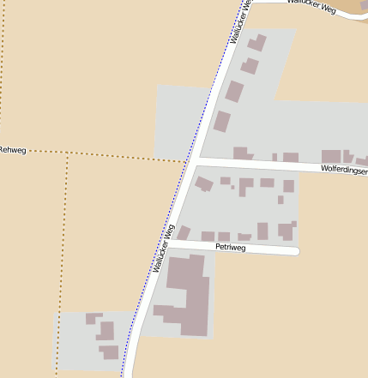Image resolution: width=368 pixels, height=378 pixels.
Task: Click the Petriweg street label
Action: coord(230,248)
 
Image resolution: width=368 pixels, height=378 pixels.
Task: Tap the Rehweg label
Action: coord(13,150)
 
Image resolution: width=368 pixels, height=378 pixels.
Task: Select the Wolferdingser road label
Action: coord(343,170)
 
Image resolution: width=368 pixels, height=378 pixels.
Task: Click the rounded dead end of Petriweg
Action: coord(295,251)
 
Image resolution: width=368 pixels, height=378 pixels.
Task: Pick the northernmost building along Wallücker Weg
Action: coord(256,42)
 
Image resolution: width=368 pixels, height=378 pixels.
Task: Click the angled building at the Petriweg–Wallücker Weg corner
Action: coord(183,232)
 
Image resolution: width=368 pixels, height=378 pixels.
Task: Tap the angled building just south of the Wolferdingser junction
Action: coord(204,183)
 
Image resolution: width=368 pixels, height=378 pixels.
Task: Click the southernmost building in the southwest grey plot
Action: coord(109,351)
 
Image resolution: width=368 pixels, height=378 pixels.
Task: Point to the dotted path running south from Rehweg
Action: coord(63,257)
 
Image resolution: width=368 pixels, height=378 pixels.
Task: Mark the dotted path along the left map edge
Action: coord(2,69)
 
